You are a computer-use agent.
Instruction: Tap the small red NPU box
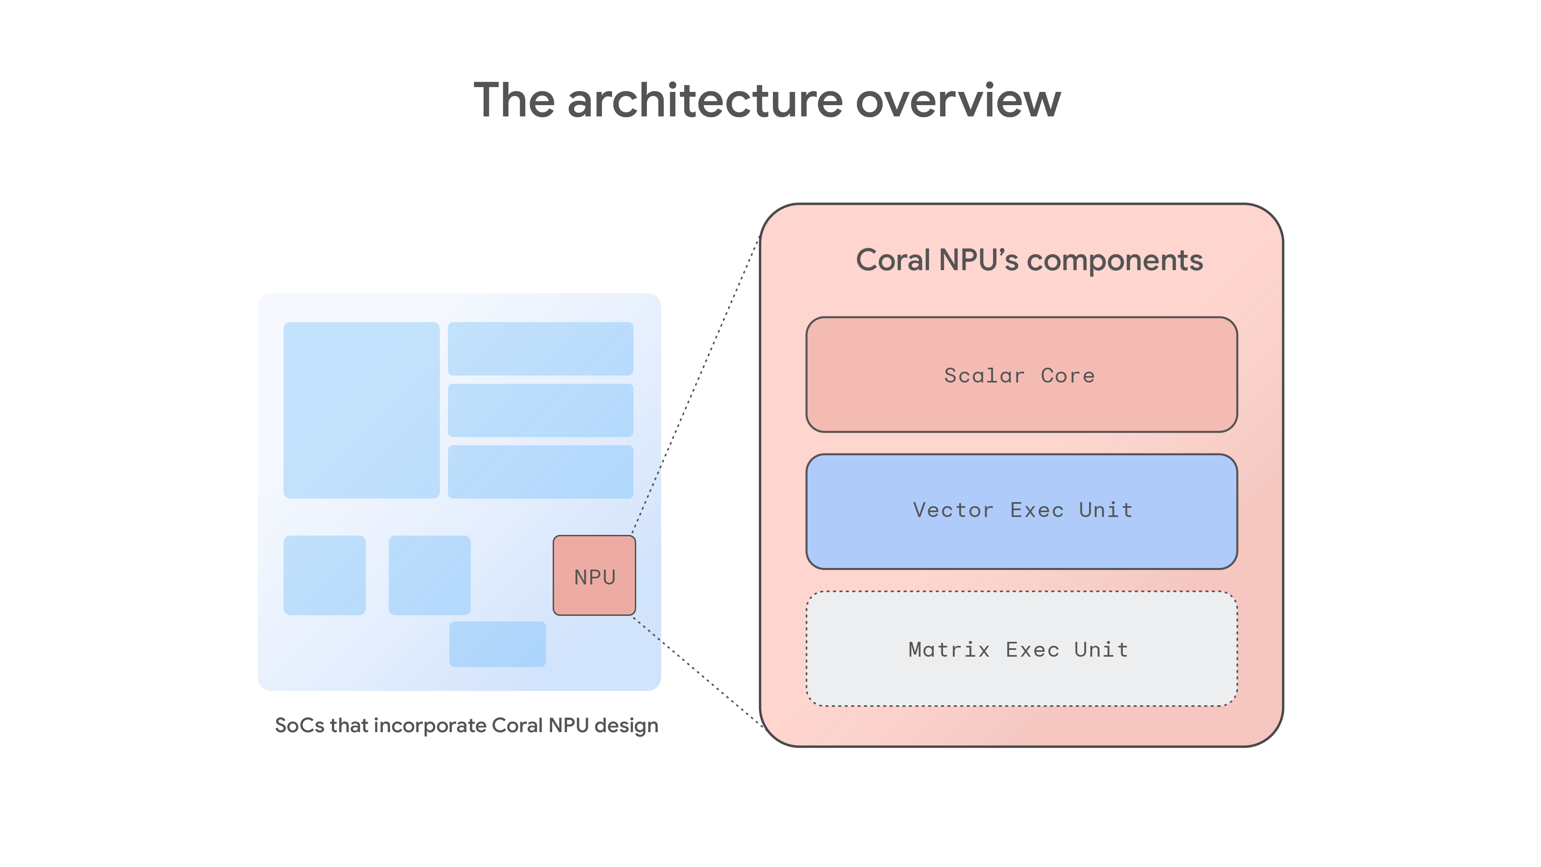594,576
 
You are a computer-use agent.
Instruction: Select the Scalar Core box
1021,374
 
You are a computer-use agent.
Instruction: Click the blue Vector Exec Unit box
1021,511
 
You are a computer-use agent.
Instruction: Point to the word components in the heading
1114,261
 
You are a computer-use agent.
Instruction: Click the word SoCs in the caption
300,725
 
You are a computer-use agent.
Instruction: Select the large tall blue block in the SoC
361,410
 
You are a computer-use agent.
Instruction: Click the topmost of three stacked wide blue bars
540,349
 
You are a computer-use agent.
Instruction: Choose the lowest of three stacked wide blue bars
540,472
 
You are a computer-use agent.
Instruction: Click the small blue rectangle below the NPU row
497,644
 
